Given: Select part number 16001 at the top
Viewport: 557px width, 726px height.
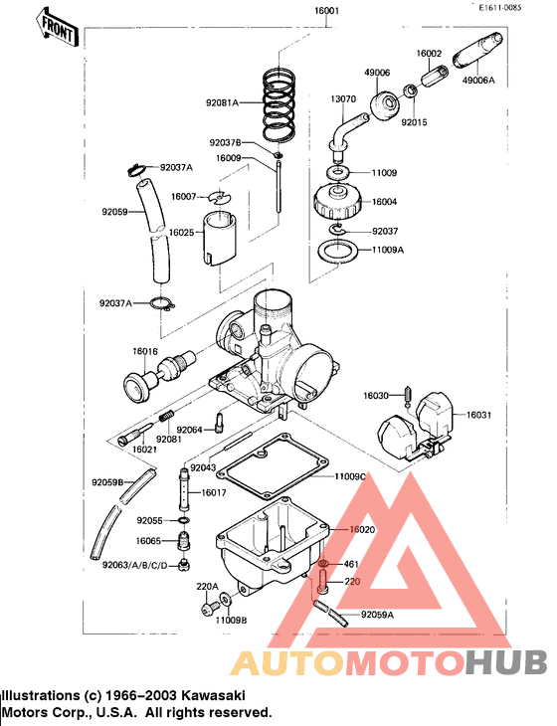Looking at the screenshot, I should click(327, 12).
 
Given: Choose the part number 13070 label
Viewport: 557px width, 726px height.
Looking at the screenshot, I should click(343, 100).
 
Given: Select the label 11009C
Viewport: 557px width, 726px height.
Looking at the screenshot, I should click(350, 477).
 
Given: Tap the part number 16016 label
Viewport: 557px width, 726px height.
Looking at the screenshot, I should click(146, 352).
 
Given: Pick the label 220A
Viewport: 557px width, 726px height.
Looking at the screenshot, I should click(207, 587).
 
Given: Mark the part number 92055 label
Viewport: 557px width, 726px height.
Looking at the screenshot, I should click(150, 520).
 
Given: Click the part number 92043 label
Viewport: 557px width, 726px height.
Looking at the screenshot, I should click(203, 467).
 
